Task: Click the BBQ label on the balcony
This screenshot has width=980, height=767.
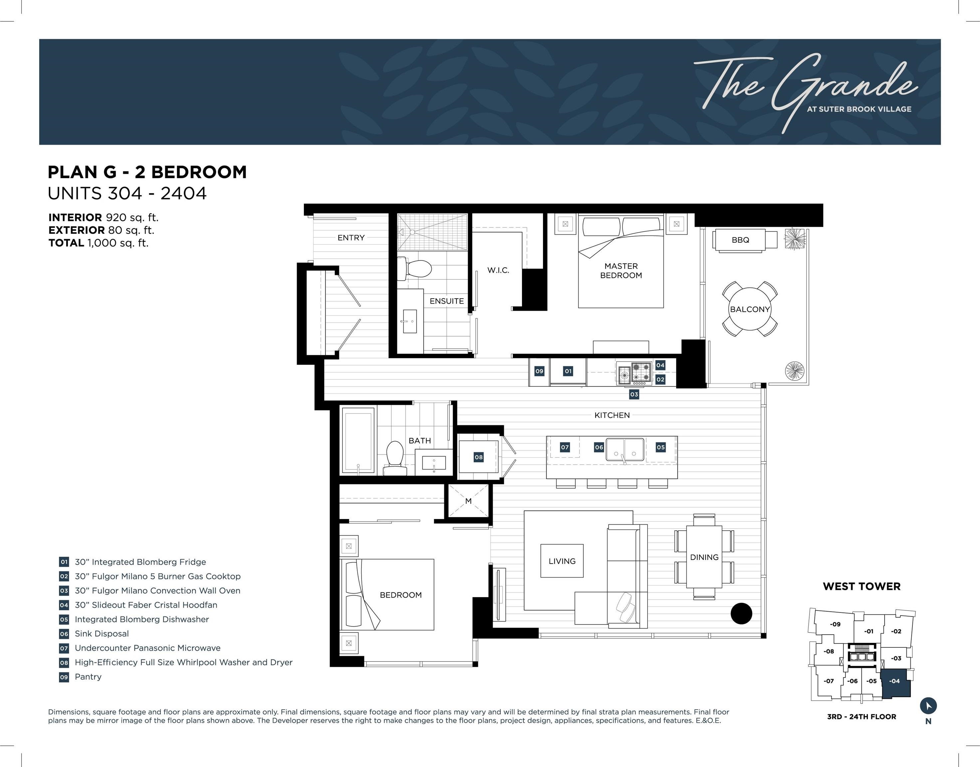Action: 740,240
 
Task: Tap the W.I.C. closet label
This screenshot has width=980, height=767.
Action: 498,270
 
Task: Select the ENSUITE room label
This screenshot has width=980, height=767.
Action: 447,301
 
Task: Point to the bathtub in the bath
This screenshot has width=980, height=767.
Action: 358,440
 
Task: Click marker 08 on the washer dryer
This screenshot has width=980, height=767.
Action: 479,457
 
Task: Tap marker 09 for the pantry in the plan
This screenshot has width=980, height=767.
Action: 539,371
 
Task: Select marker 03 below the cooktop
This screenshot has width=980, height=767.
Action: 634,394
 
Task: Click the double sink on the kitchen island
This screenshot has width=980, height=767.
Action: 625,450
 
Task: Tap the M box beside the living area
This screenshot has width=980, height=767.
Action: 468,501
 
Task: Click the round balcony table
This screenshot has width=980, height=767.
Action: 750,309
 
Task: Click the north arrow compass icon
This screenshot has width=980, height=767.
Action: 928,705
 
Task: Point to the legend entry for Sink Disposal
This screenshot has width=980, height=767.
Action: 102,634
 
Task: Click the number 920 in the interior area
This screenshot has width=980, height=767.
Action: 116,217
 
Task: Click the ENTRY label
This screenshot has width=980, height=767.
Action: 351,238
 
